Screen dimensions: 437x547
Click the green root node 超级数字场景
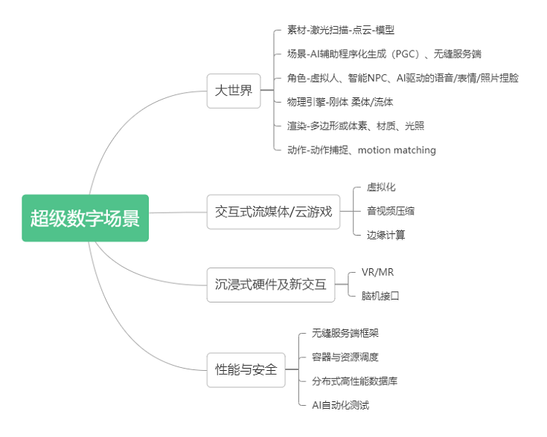pos(85,218)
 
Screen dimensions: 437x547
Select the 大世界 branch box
pos(233,91)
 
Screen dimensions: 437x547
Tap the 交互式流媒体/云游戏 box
pos(272,212)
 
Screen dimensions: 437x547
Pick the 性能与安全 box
pos(246,369)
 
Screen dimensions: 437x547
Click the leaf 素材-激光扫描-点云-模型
pos(340,30)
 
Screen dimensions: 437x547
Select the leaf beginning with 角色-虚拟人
pos(403,78)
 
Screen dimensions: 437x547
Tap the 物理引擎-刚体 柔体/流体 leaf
pos(339,102)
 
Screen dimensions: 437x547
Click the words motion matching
pos(397,150)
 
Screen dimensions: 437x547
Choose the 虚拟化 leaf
pos(381,187)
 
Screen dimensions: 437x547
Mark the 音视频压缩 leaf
pos(391,211)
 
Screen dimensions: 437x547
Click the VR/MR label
pos(377,272)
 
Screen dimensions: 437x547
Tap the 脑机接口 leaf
pos(380,296)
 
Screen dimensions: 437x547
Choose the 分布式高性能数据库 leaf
pos(354,381)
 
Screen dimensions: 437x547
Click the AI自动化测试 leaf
pos(340,405)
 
